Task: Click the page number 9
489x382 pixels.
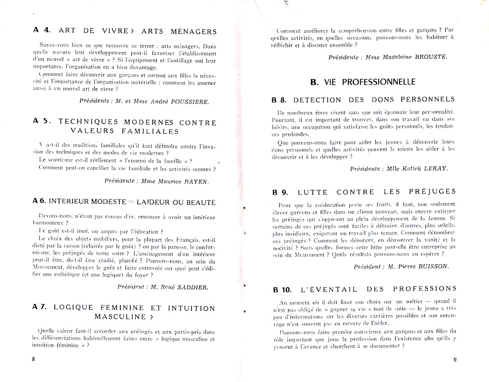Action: (x=454, y=360)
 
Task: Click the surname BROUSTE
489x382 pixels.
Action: (x=428, y=57)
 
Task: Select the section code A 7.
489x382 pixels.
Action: (x=40, y=307)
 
